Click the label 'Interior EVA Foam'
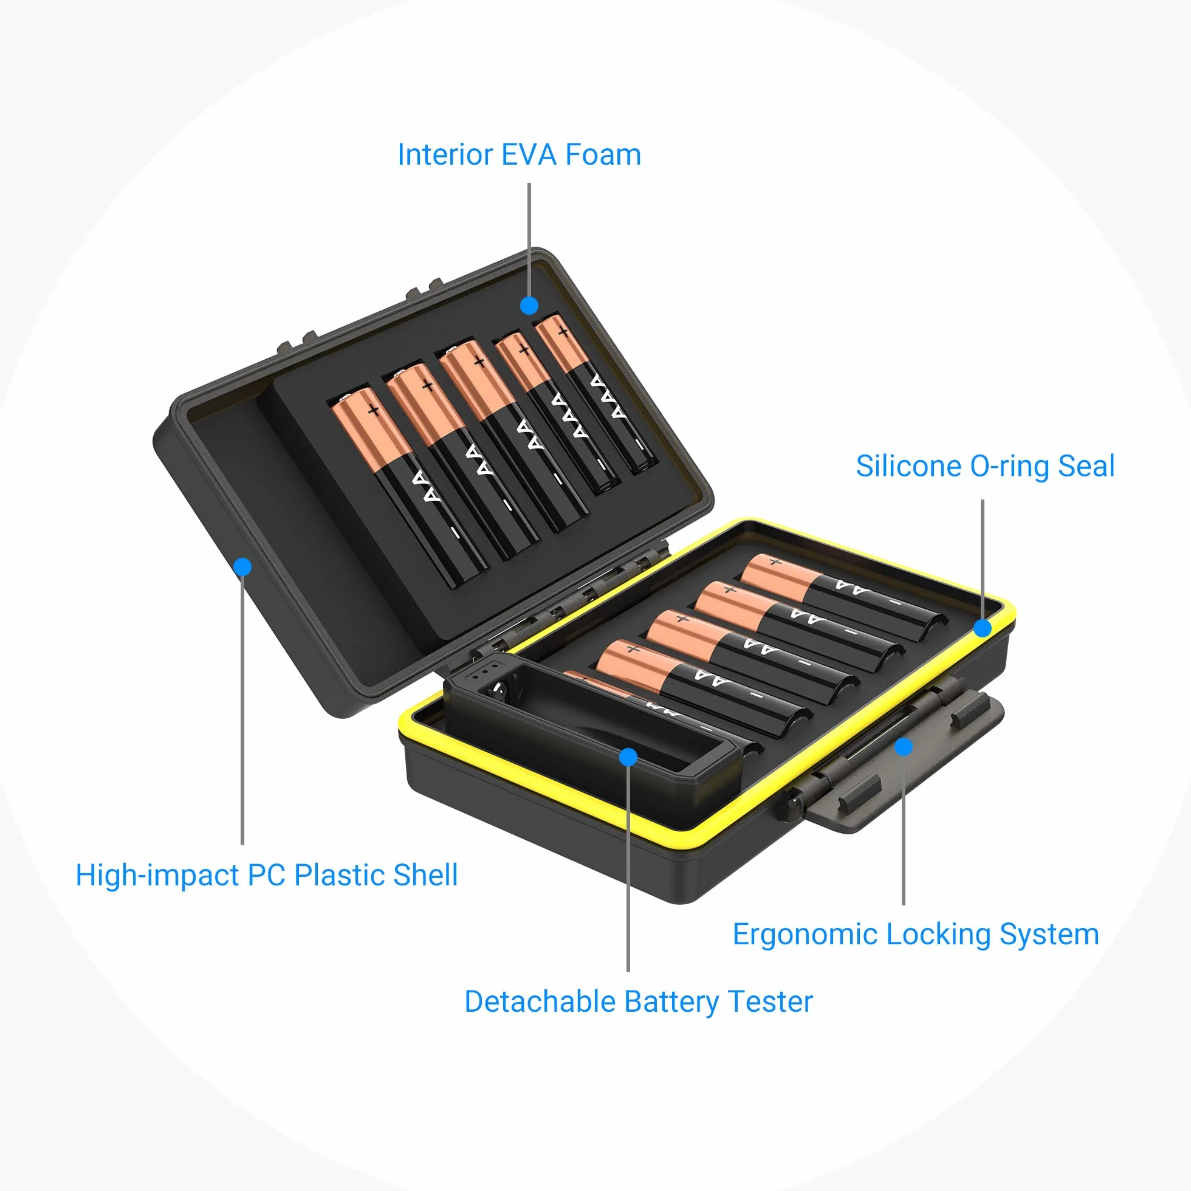(x=519, y=155)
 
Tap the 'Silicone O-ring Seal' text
(x=985, y=466)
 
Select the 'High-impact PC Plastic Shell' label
(x=266, y=876)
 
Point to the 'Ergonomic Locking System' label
(x=916, y=935)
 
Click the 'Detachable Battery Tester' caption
(x=639, y=1002)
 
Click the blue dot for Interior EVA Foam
(x=529, y=305)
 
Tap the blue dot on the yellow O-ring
(x=983, y=628)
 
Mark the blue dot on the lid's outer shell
(x=243, y=566)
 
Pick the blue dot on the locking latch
(x=904, y=747)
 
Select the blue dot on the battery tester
(x=628, y=757)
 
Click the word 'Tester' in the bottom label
(x=771, y=1002)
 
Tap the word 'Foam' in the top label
(x=603, y=155)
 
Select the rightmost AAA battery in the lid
(x=595, y=394)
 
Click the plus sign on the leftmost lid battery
(x=374, y=411)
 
